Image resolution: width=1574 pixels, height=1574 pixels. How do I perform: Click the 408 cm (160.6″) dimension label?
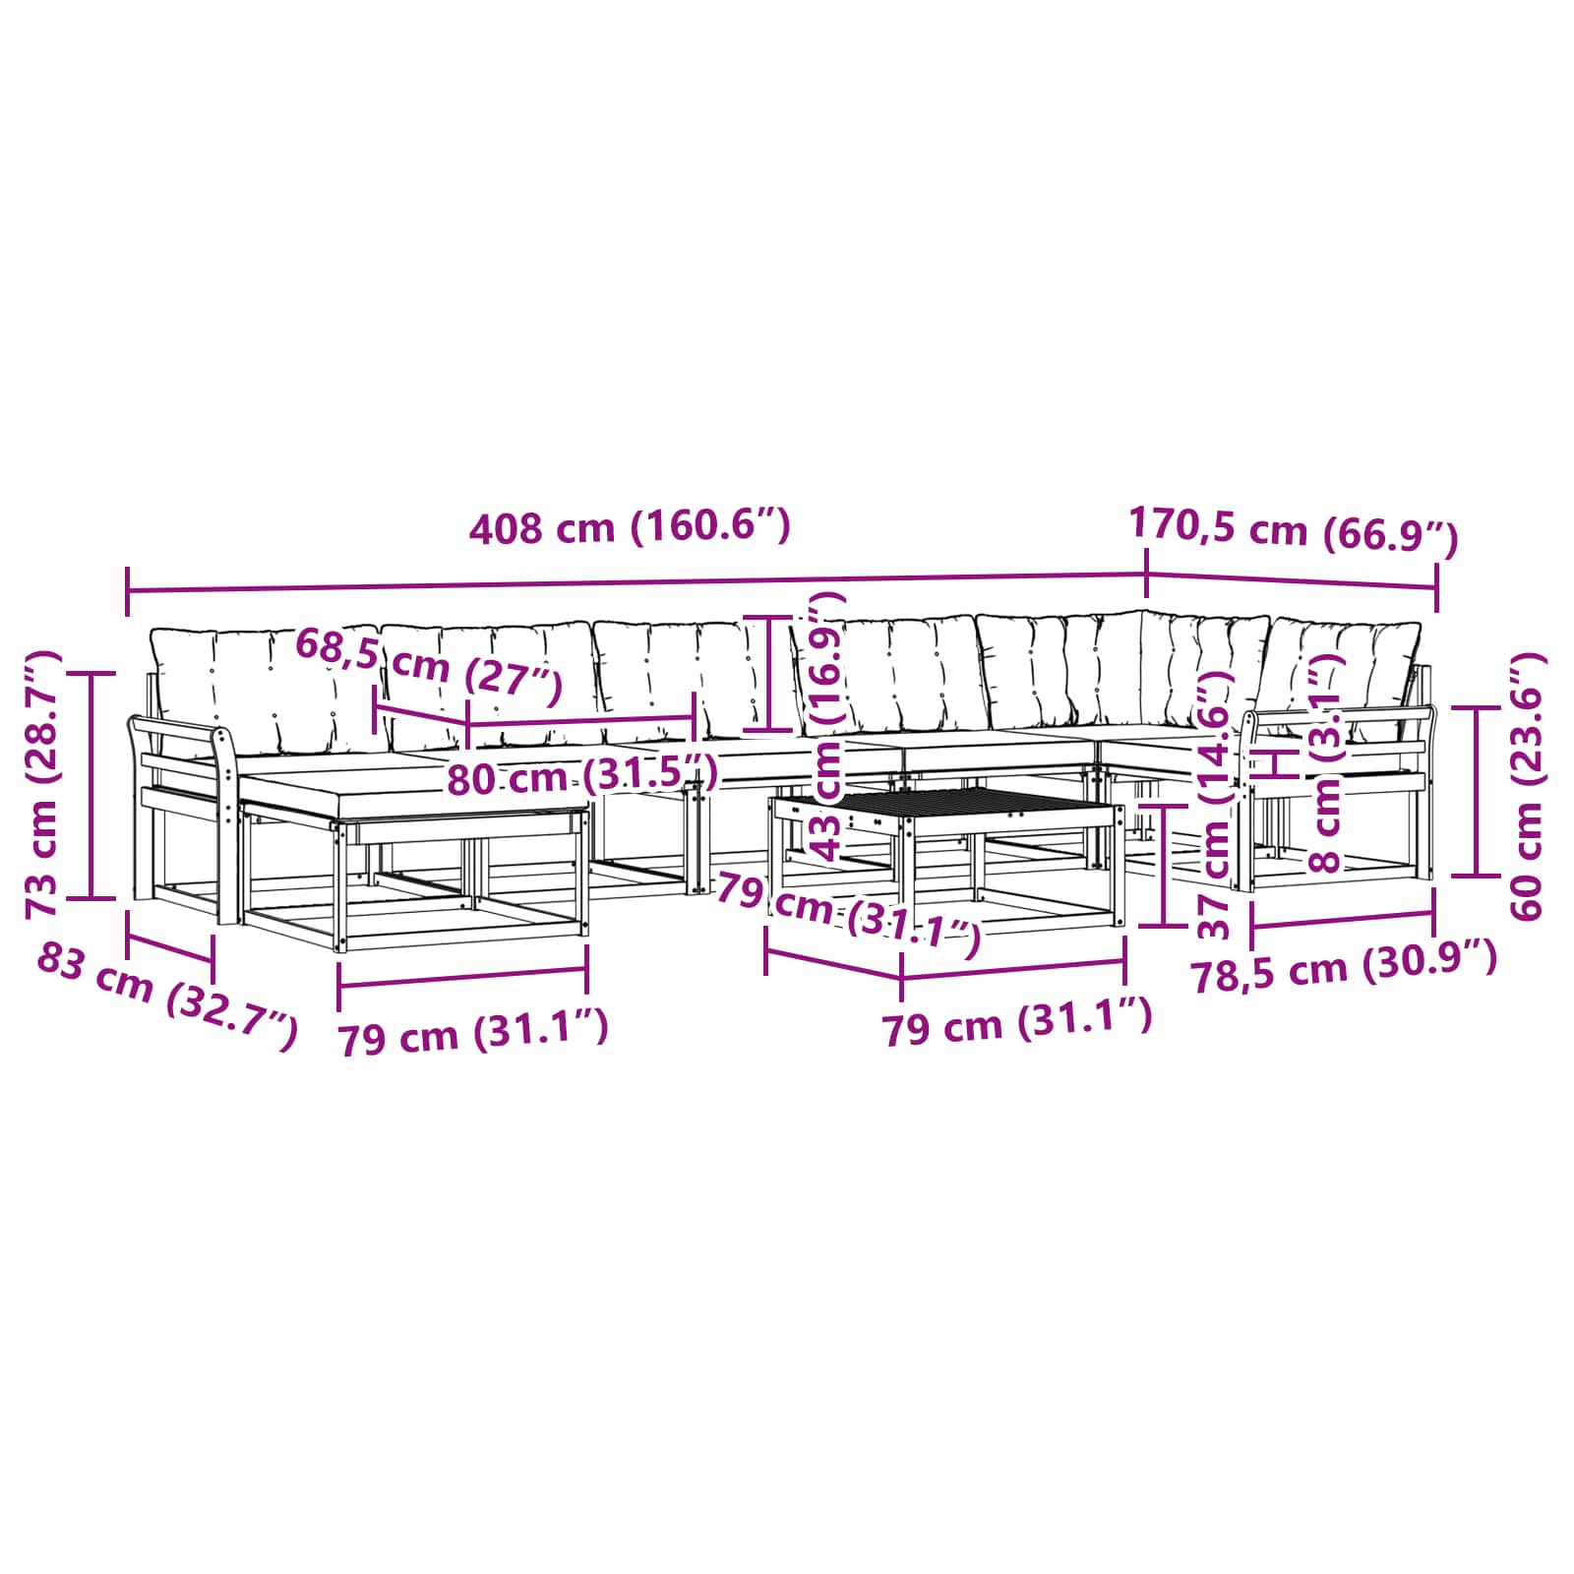[630, 527]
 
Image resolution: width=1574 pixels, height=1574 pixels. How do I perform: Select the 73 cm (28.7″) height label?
[43, 784]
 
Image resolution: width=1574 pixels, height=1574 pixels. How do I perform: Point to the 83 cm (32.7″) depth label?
[166, 994]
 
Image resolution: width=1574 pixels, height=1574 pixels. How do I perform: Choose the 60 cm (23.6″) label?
[1526, 785]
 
